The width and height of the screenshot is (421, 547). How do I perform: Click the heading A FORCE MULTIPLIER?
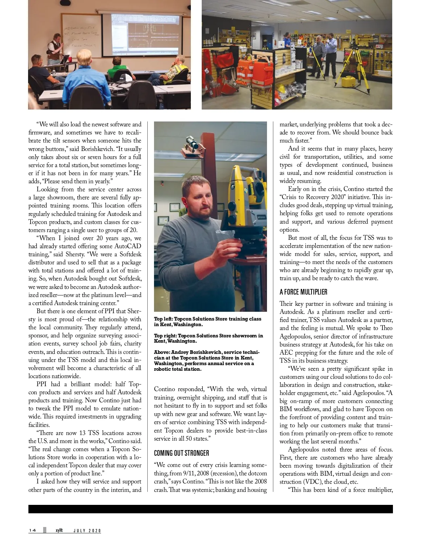[x=303, y=292]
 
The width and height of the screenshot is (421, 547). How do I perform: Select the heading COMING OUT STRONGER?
[x=181, y=453]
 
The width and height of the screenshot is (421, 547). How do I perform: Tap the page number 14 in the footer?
[x=32, y=530]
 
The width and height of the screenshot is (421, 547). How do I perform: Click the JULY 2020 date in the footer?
[x=87, y=530]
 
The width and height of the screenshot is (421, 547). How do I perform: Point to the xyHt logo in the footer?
[x=59, y=530]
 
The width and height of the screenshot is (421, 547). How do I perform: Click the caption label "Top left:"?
[x=163, y=319]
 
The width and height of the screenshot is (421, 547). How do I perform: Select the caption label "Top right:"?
[x=165, y=336]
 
